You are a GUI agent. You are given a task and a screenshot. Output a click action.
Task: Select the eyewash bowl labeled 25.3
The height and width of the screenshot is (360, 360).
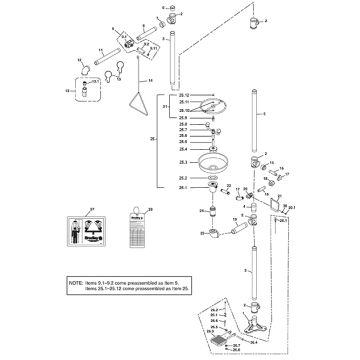point(214,163)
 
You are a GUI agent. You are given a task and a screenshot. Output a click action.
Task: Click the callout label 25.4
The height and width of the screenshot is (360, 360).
point(183,148)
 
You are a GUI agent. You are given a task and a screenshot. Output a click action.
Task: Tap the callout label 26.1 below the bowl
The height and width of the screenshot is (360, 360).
point(183,187)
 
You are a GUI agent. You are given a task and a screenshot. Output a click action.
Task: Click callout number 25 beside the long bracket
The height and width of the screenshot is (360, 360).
point(152,139)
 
